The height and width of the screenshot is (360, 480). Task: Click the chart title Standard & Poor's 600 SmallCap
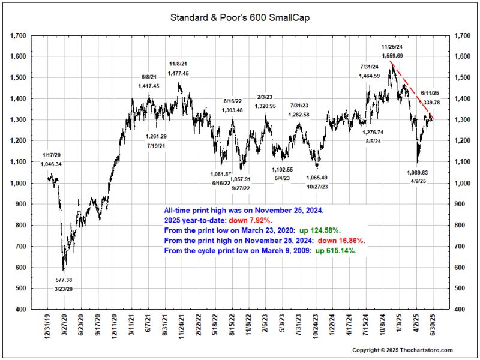240,18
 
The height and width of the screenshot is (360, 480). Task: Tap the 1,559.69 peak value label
392,56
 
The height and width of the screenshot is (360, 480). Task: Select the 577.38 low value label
64,280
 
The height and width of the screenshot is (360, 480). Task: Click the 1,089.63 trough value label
419,172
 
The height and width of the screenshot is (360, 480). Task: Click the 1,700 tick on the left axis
18,36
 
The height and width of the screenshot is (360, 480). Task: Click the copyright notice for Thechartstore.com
402,350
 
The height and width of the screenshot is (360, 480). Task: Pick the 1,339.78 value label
431,103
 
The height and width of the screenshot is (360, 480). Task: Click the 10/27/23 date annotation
316,187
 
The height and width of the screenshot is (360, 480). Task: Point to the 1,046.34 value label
52,164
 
